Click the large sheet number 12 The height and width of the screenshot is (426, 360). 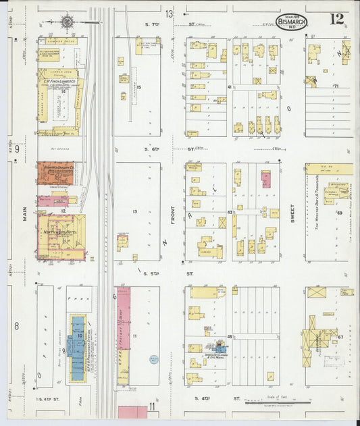click(x=336, y=19)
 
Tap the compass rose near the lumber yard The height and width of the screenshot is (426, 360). click(x=68, y=22)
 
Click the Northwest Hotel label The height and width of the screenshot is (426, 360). click(x=59, y=230)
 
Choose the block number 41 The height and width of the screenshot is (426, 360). click(x=230, y=88)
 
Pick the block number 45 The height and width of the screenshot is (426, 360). click(x=230, y=336)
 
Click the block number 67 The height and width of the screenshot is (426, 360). click(x=340, y=336)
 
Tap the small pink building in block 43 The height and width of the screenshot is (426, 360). click(x=265, y=180)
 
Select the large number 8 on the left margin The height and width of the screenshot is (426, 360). click(x=16, y=326)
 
